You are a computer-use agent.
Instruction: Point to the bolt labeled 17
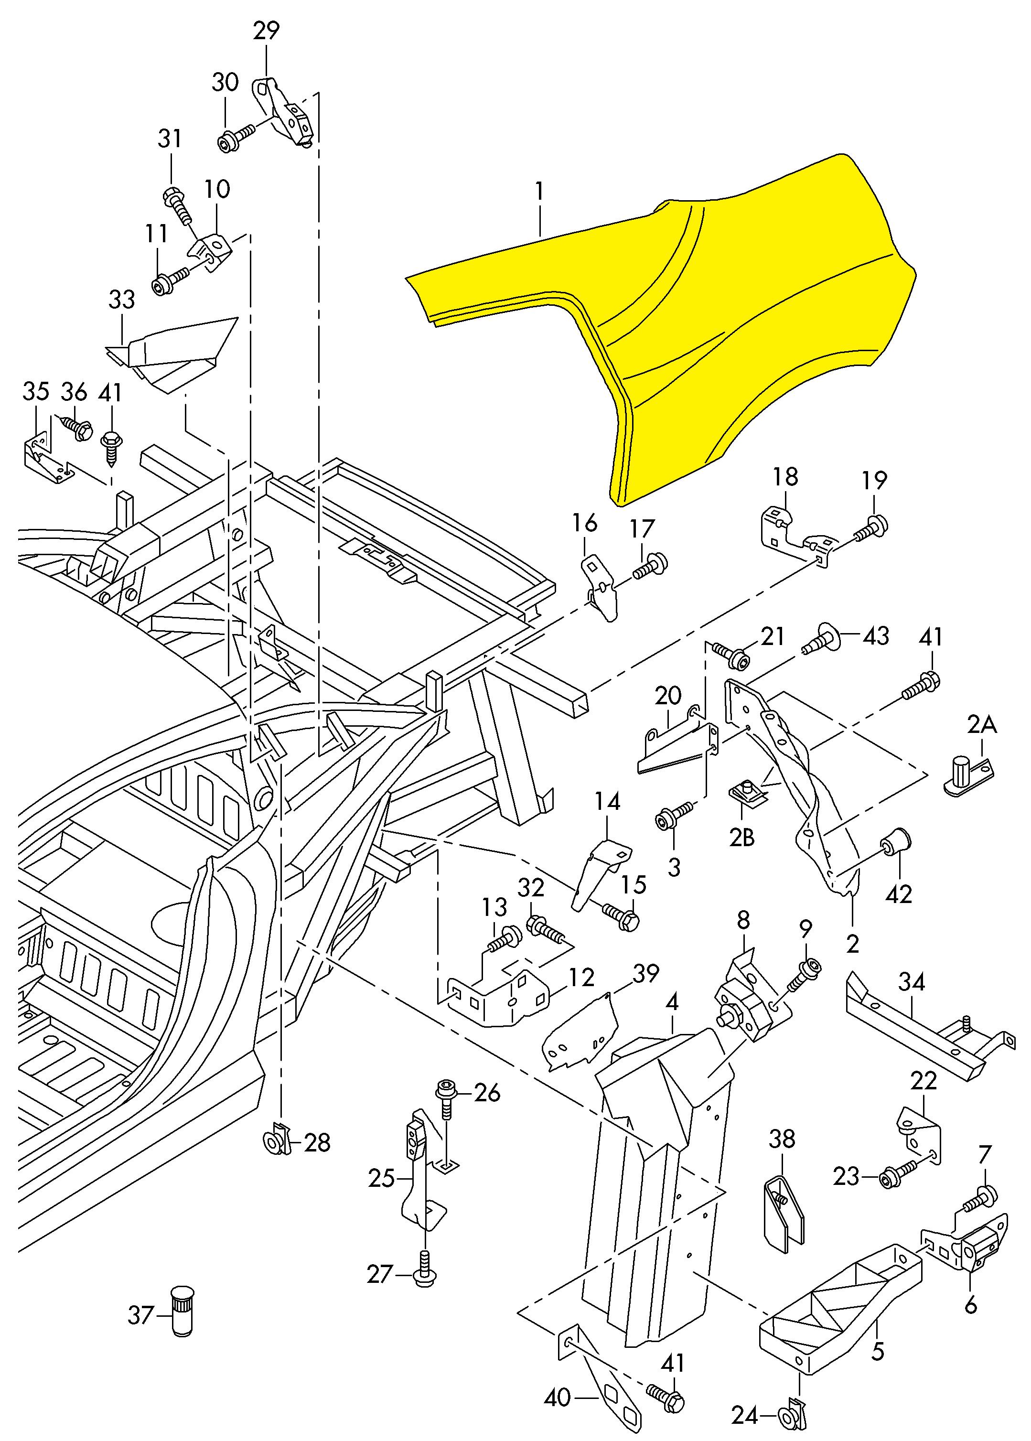click(x=651, y=565)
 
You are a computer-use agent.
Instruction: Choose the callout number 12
click(x=581, y=977)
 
